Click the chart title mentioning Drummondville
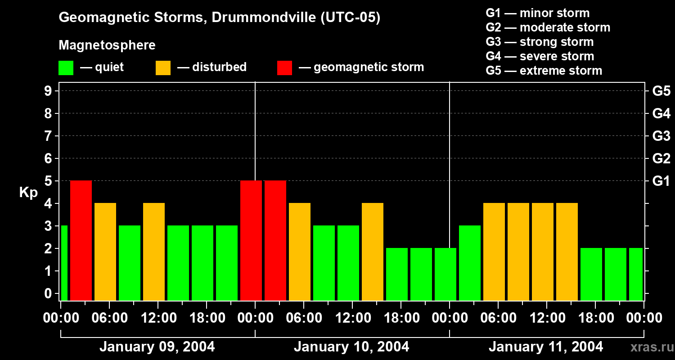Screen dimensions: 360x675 pyautogui.click(x=220, y=18)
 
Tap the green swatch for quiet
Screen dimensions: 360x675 pyautogui.click(x=66, y=68)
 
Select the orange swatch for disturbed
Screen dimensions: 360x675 pyautogui.click(x=163, y=68)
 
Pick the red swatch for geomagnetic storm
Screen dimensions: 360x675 pyautogui.click(x=284, y=68)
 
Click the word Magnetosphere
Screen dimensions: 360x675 pyautogui.click(x=107, y=45)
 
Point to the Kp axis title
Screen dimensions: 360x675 pyautogui.click(x=28, y=193)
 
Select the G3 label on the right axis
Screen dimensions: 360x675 pyautogui.click(x=661, y=136)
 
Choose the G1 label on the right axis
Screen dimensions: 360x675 pyautogui.click(x=661, y=181)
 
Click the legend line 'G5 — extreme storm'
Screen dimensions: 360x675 pyautogui.click(x=544, y=71)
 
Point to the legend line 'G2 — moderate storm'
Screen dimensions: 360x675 pyautogui.click(x=548, y=27)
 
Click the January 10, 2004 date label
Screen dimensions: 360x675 pyautogui.click(x=351, y=347)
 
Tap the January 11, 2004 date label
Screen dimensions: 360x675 pyautogui.click(x=546, y=347)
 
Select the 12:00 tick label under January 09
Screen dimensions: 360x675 pyautogui.click(x=158, y=318)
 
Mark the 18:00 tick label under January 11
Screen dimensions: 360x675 pyautogui.click(x=595, y=318)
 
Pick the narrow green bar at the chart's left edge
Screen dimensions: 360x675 pyautogui.click(x=64, y=263)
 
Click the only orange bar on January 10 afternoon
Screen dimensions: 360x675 pyautogui.click(x=373, y=252)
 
